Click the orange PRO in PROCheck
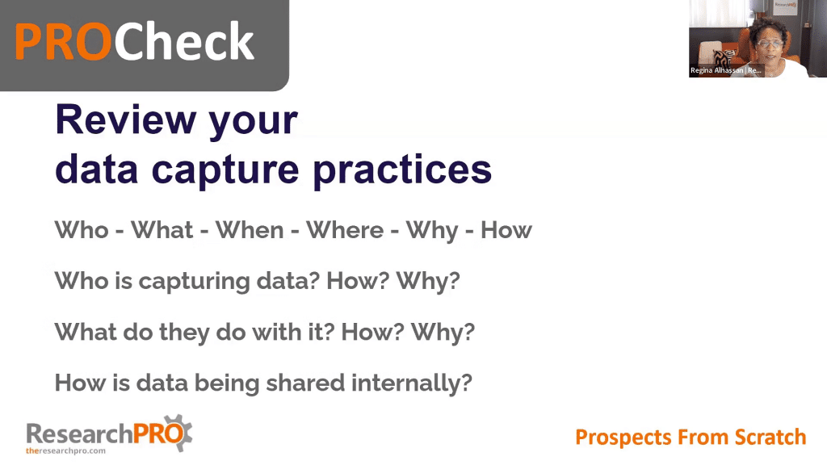63,42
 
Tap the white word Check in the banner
184,40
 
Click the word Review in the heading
125,119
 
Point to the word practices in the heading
402,170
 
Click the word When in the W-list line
250,230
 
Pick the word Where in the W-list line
345,230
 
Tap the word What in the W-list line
162,230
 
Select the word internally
411,383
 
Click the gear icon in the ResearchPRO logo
180,434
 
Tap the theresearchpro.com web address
66,450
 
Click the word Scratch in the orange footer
770,437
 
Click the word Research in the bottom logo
79,434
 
